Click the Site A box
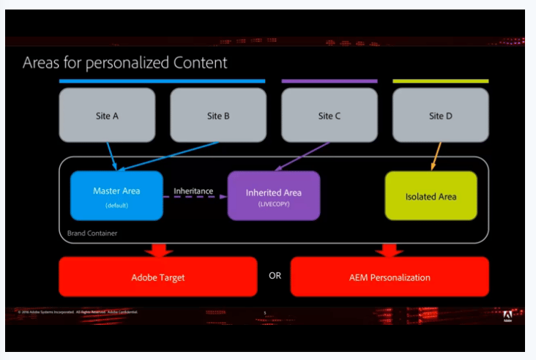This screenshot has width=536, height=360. click(x=107, y=115)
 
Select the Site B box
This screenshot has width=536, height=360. click(x=218, y=115)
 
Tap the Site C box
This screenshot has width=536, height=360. click(x=330, y=115)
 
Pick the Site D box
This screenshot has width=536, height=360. click(x=440, y=115)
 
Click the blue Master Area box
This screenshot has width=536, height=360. click(x=116, y=195)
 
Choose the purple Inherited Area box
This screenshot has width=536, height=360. click(x=274, y=195)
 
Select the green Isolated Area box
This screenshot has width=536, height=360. click(x=431, y=196)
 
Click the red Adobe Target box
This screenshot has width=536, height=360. click(x=158, y=277)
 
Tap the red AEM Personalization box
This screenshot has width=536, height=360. click(x=390, y=277)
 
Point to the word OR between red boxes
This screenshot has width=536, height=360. click(x=275, y=276)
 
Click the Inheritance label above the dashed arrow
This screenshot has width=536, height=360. click(x=193, y=191)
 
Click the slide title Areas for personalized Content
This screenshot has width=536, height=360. click(x=124, y=63)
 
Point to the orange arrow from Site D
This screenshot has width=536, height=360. click(x=436, y=155)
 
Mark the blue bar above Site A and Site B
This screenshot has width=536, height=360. click(x=162, y=80)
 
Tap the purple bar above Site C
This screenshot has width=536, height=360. click(x=330, y=80)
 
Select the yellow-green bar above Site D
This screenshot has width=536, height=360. click(x=440, y=80)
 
